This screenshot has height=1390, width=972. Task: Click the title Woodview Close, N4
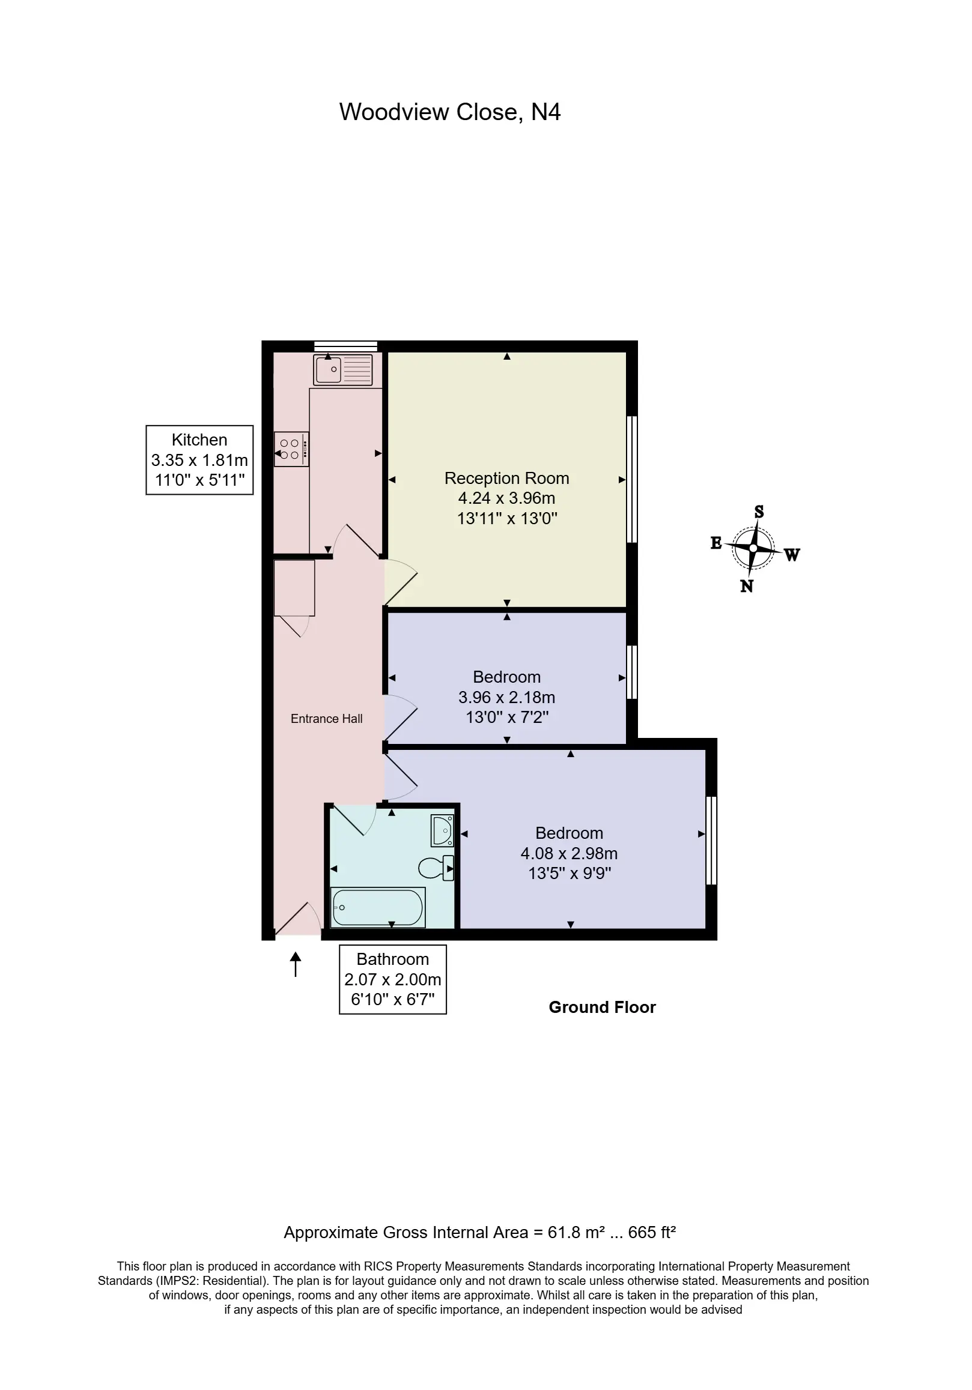449,113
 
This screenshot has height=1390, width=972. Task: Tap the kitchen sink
343,369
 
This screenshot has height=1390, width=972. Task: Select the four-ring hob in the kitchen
291,449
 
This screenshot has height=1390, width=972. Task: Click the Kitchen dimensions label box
199,460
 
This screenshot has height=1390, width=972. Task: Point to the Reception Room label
507,479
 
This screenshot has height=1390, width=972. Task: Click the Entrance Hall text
326,719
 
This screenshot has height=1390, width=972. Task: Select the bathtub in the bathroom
378,907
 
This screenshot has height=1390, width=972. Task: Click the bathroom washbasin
442,830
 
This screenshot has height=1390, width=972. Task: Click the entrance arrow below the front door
296,964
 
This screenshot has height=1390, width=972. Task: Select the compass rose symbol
753,548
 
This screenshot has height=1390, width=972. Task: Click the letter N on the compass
747,586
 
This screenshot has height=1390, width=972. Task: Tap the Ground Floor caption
602,1008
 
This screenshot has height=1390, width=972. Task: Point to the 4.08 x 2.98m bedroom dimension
570,854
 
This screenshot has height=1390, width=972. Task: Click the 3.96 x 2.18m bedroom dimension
507,698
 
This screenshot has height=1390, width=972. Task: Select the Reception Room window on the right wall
632,479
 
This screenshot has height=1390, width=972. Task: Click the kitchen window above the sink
346,346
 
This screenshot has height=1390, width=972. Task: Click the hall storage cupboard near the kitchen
294,588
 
